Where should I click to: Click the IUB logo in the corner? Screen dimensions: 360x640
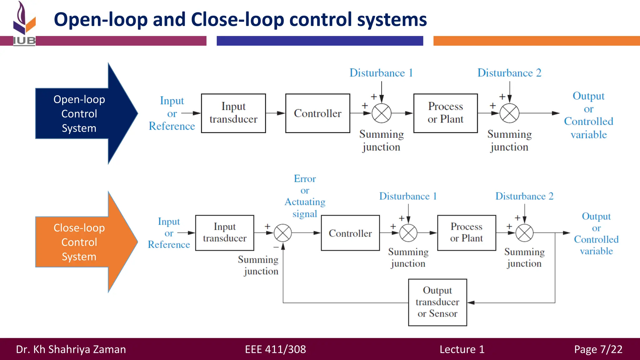tap(24, 23)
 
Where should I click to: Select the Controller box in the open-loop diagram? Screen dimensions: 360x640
tap(317, 113)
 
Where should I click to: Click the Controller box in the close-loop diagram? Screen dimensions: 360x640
tap(350, 233)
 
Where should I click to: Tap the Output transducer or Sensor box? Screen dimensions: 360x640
tap(437, 302)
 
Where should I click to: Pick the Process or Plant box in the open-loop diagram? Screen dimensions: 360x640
tap(445, 113)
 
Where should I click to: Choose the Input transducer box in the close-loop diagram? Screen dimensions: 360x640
tap(224, 233)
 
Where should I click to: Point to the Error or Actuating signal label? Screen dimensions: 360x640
tap(305, 196)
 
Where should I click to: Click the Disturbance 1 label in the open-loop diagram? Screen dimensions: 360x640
tap(381, 73)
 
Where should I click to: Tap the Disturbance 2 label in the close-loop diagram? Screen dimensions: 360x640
tap(524, 196)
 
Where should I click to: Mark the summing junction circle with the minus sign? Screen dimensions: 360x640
tap(283, 233)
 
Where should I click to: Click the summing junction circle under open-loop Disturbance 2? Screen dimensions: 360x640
tap(509, 113)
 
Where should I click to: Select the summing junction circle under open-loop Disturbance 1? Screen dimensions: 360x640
tap(382, 113)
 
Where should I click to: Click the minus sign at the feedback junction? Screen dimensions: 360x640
tap(276, 247)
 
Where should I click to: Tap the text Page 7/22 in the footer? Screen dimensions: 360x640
tap(598, 349)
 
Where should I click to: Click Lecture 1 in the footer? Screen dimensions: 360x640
tap(462, 349)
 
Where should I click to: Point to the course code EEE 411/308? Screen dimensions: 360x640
tap(275, 349)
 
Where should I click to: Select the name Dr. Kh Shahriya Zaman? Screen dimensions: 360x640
tap(71, 349)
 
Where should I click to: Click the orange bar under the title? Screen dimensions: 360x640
tap(536, 41)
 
